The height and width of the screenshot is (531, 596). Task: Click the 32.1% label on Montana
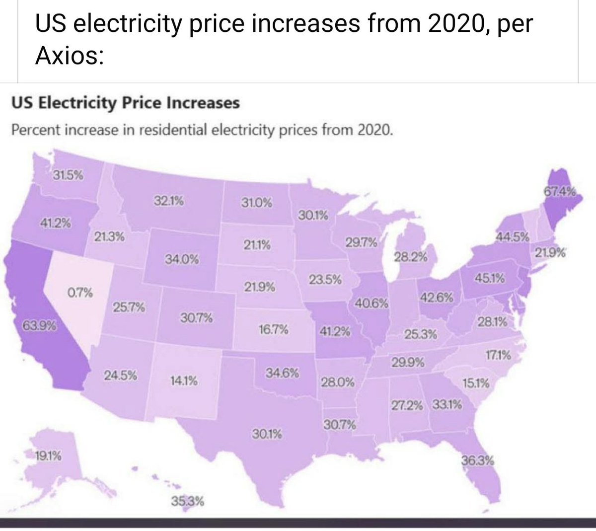[x=168, y=201]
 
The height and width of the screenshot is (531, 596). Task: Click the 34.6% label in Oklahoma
[x=283, y=373]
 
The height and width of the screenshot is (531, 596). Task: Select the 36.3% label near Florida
[x=477, y=460]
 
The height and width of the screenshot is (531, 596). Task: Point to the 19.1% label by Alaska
[x=48, y=455]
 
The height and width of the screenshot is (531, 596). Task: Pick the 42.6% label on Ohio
[x=437, y=298]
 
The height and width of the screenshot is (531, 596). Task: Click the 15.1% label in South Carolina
[x=476, y=383]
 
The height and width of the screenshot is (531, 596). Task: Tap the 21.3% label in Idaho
[x=109, y=237]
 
